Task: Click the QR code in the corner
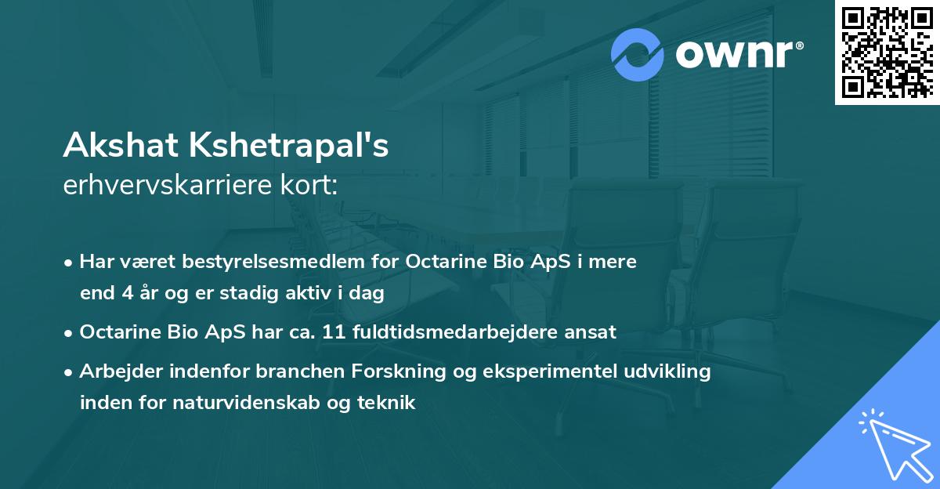click(887, 52)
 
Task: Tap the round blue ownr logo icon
click(638, 55)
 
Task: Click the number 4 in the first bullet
click(128, 294)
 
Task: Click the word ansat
click(595, 332)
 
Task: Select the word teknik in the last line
click(389, 403)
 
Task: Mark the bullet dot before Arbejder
click(70, 372)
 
